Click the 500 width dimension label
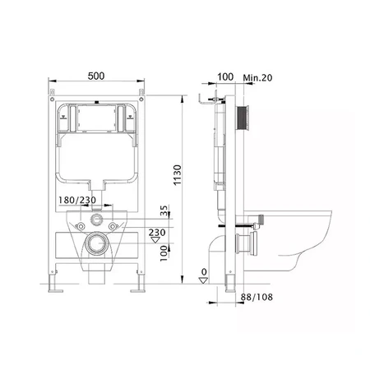(x=96, y=76)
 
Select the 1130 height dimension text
(x=178, y=175)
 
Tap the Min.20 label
(x=257, y=78)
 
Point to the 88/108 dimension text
(x=257, y=297)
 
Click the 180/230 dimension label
(x=77, y=200)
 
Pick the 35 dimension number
(x=164, y=210)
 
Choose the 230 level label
(x=157, y=233)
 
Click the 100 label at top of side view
(x=225, y=77)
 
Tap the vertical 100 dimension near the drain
(x=164, y=253)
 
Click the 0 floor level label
(x=204, y=272)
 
